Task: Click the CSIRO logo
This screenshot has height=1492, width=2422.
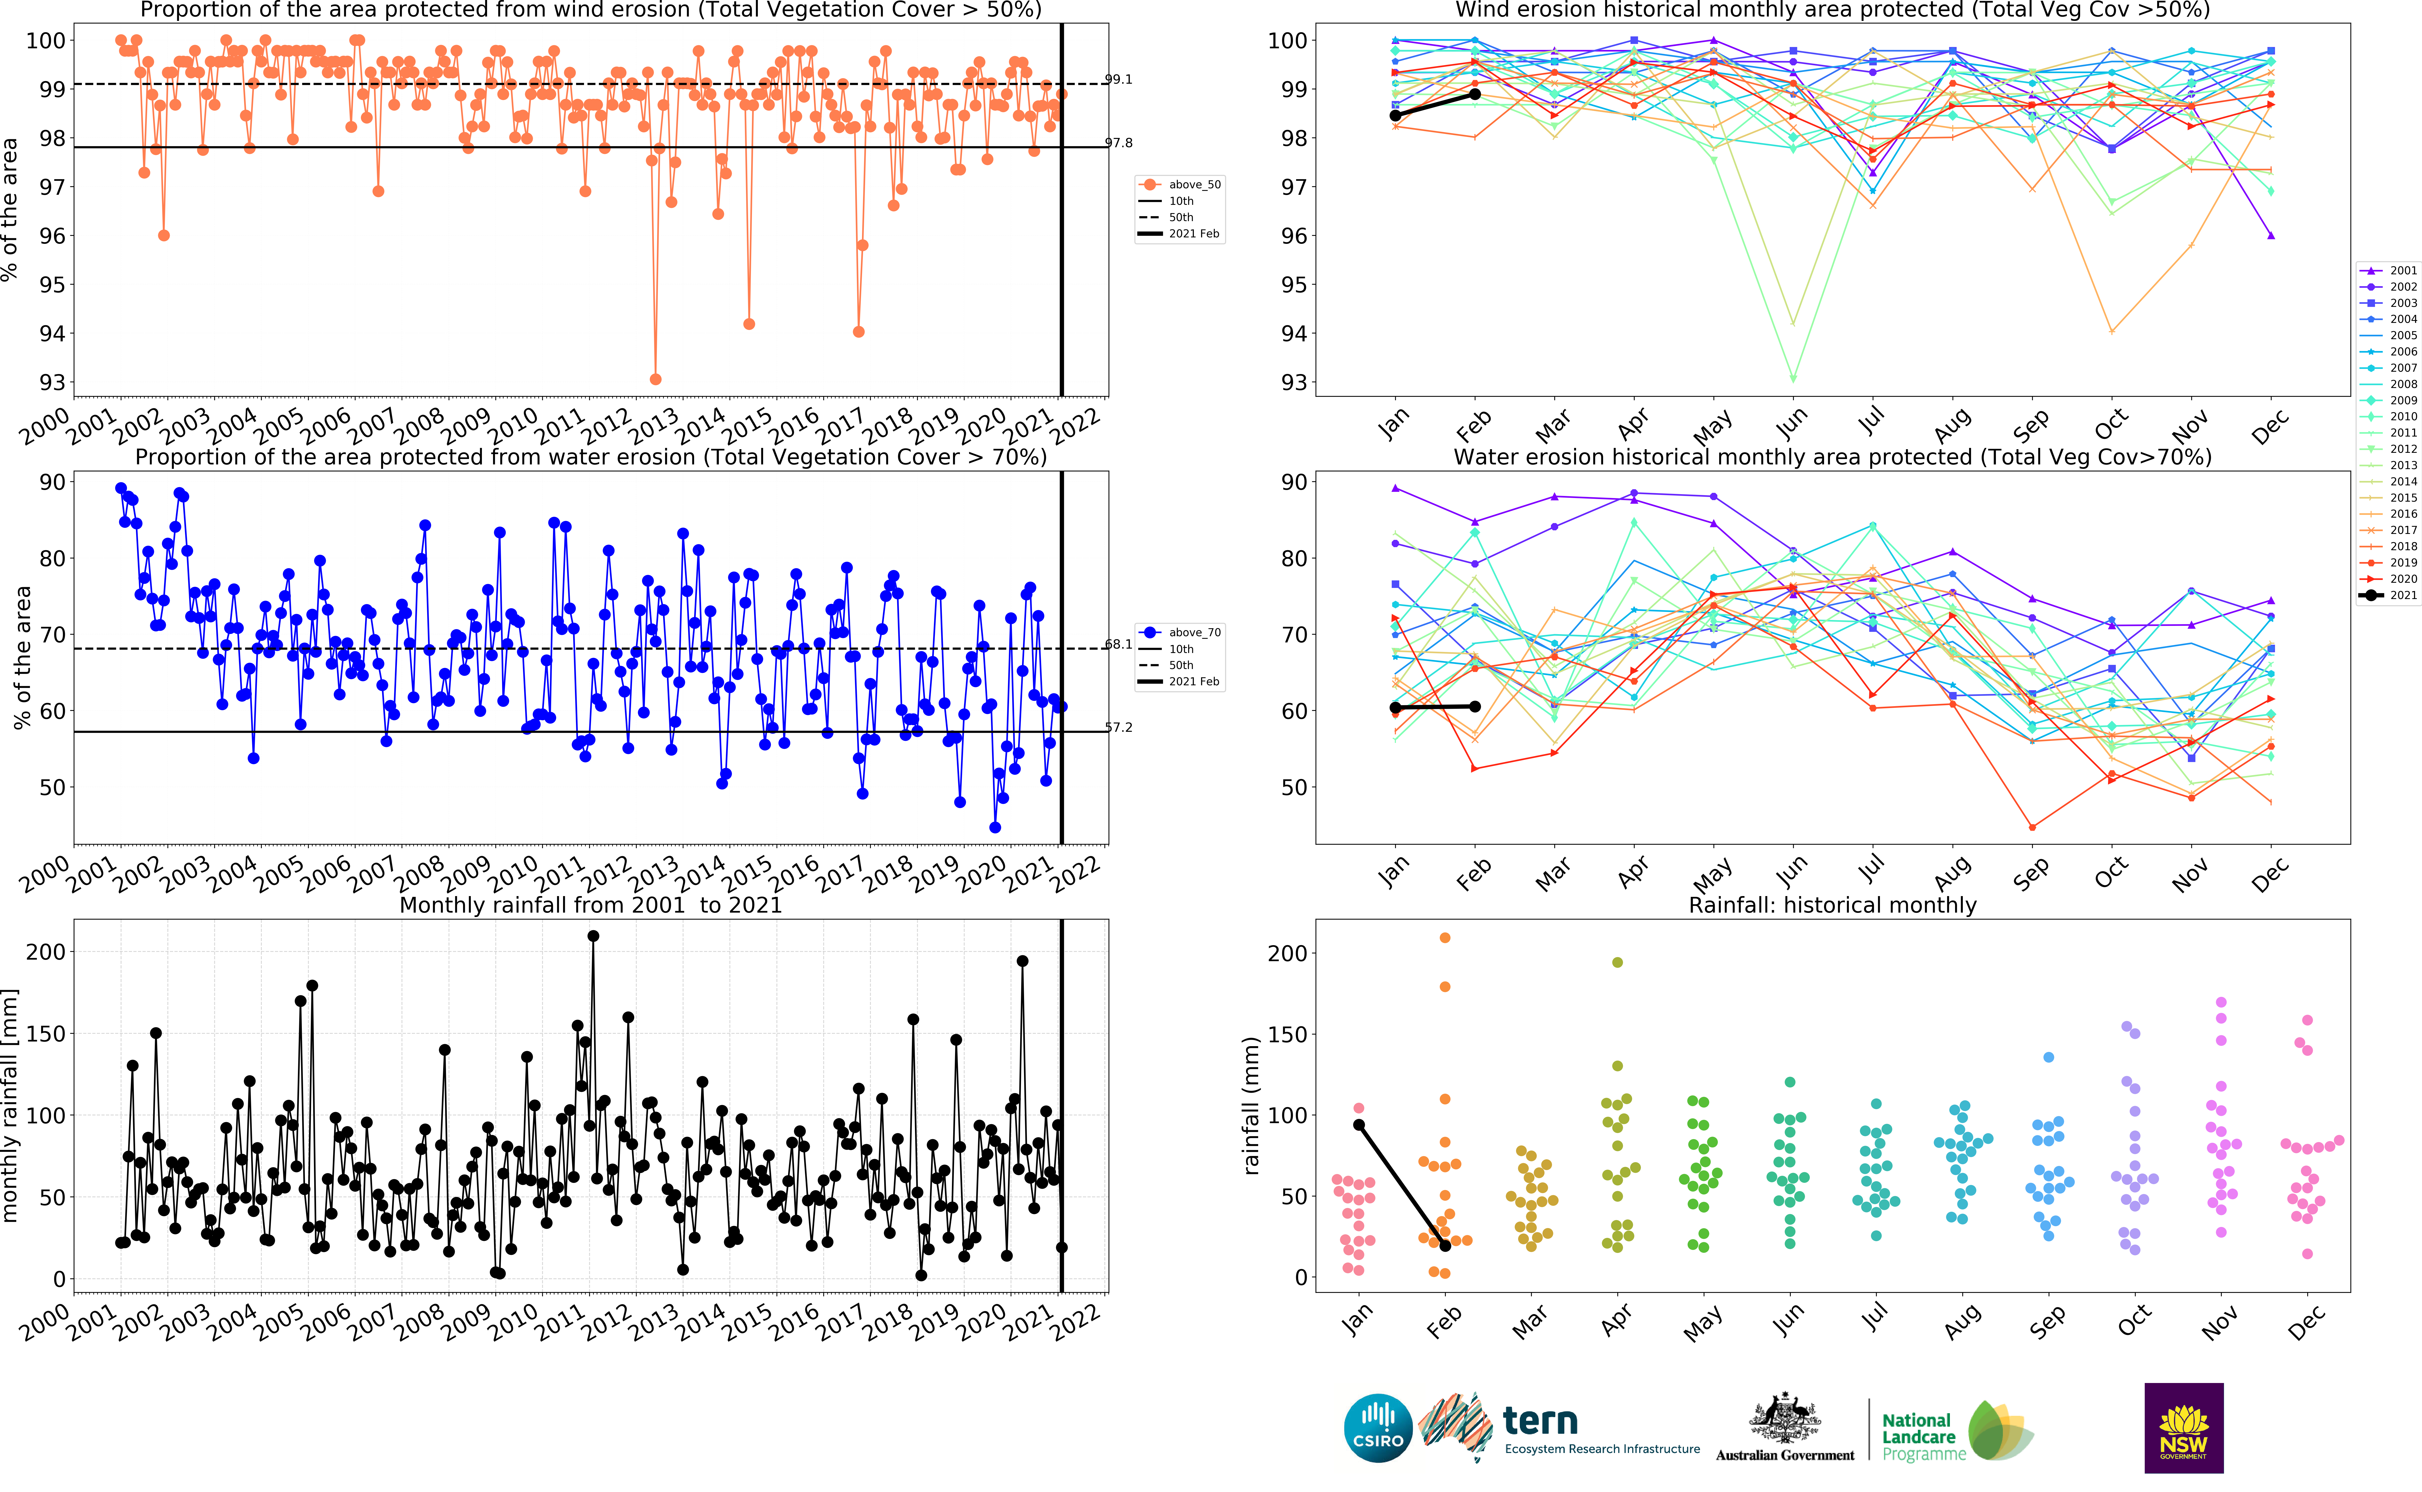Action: click(1378, 1428)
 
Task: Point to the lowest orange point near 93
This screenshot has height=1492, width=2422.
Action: click(655, 379)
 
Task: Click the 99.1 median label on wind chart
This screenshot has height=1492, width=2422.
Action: click(1118, 79)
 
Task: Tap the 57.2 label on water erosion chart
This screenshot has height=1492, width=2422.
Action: click(1118, 727)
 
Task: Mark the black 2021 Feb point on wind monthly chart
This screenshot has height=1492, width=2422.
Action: click(1474, 94)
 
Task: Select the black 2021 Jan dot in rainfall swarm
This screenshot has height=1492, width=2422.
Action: click(1359, 1125)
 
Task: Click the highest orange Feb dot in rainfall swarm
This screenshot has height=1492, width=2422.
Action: click(1445, 937)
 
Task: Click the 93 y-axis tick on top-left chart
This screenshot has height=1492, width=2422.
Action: click(51, 382)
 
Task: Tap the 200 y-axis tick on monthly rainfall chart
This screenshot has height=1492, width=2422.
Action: click(45, 952)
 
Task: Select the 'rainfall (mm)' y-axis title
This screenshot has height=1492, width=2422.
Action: click(1251, 1105)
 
